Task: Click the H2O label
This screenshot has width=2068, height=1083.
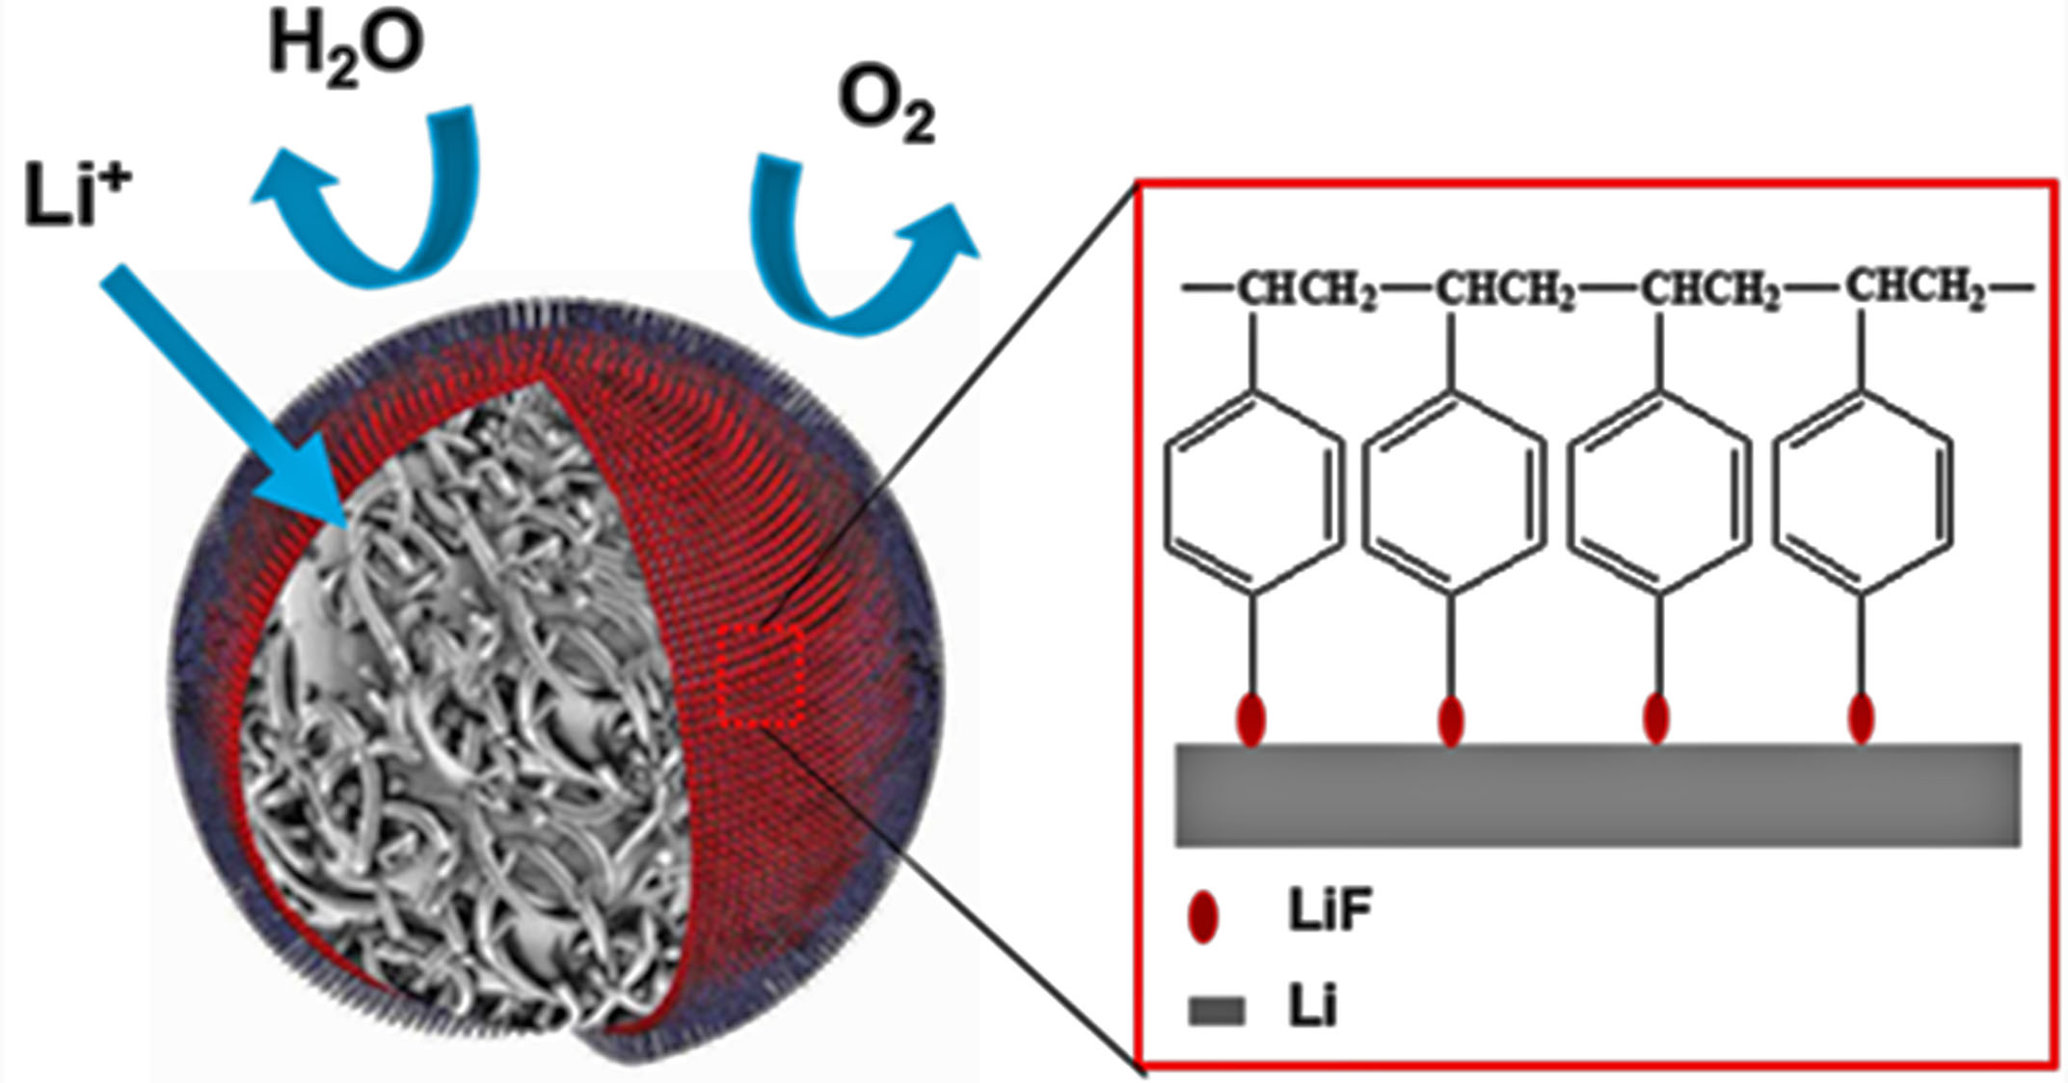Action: click(x=346, y=49)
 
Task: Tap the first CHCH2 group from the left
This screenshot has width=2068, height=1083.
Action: click(x=1307, y=290)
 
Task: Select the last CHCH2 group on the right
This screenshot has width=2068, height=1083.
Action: click(x=1916, y=288)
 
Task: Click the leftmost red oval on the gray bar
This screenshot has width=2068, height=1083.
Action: click(x=1250, y=719)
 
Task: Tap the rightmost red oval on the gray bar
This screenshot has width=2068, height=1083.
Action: click(x=1861, y=718)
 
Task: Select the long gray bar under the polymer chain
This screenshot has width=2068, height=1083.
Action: click(x=1598, y=795)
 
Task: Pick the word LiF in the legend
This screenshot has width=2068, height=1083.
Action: click(x=1329, y=909)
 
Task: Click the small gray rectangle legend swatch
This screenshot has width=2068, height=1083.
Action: click(x=1217, y=1011)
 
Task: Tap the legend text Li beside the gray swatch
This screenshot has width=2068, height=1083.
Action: click(x=1312, y=1008)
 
